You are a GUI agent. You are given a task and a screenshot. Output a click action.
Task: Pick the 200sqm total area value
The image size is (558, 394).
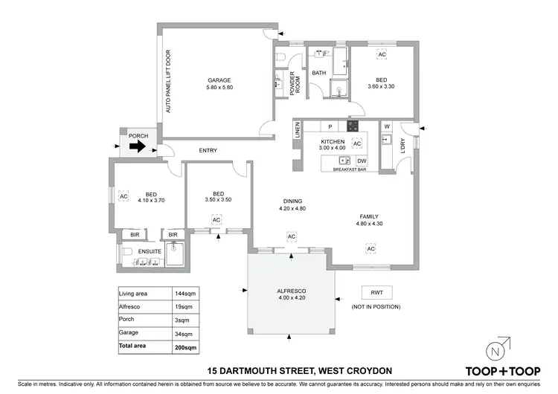click(x=185, y=347)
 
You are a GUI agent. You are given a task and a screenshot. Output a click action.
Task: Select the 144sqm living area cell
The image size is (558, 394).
click(x=184, y=294)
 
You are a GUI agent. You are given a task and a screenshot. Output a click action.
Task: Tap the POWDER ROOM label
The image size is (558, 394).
click(x=294, y=83)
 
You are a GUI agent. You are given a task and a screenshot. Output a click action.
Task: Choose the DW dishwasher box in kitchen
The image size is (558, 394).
click(x=362, y=161)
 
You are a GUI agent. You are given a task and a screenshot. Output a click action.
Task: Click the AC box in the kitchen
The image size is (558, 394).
click(x=356, y=143)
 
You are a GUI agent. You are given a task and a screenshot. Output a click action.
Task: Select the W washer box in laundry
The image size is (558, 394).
click(x=387, y=126)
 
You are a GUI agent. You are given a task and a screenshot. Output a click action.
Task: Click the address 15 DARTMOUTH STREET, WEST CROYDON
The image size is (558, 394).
click(x=286, y=370)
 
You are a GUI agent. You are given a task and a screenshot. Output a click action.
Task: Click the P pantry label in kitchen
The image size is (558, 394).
click(x=330, y=127)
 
